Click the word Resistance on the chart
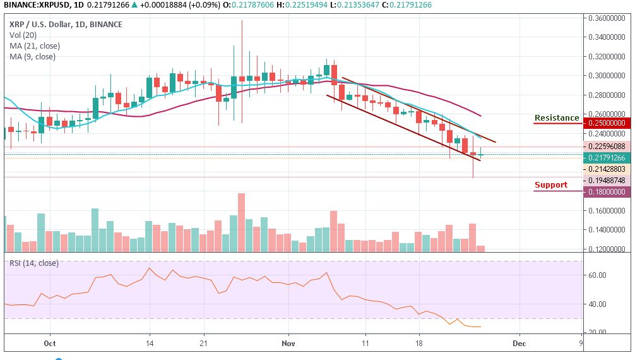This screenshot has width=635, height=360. (556, 118)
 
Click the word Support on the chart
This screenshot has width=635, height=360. (550, 185)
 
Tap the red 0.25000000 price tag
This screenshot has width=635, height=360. (607, 123)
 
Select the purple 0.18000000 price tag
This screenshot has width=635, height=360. (607, 191)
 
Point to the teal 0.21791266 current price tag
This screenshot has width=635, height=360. (607, 157)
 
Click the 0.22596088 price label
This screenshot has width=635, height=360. (607, 146)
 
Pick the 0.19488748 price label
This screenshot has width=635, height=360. (607, 180)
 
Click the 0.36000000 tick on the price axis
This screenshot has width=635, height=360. (607, 18)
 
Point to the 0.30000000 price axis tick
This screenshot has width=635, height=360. (607, 76)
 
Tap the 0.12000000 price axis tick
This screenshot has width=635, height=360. (607, 249)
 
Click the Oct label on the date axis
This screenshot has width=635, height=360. (50, 344)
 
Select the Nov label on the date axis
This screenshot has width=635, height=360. (288, 344)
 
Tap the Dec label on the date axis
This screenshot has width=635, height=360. (519, 344)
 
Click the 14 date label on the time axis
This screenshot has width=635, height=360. (150, 344)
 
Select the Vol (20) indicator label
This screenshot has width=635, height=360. (23, 35)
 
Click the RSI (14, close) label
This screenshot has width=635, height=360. (33, 263)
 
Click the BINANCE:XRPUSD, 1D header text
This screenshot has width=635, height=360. (37, 5)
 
